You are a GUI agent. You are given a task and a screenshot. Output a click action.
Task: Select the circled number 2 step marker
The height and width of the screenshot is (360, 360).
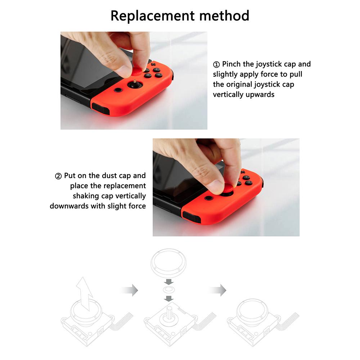tap(58, 176)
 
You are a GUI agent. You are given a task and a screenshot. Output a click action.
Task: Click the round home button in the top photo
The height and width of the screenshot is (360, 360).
tap(118, 90)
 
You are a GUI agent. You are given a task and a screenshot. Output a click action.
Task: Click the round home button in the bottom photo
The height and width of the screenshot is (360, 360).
tap(208, 198)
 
